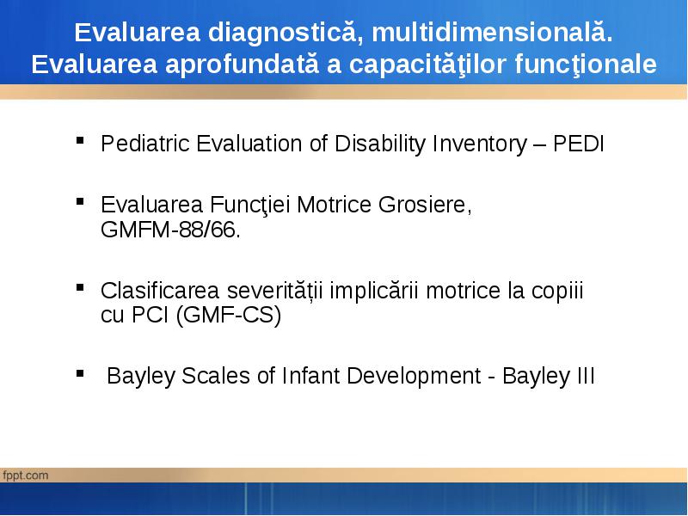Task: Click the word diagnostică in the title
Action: [286, 34]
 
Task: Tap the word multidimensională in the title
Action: [492, 33]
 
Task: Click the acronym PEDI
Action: [578, 144]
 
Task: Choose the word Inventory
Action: [480, 144]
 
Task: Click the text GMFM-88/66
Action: [170, 229]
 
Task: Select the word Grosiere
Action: [425, 205]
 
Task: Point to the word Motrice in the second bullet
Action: [334, 205]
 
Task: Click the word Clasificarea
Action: [160, 291]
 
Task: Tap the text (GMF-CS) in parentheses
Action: [228, 315]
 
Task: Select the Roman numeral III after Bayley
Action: [584, 376]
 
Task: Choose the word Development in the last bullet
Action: [414, 377]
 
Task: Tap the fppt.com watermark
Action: [26, 476]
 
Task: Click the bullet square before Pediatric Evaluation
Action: [80, 140]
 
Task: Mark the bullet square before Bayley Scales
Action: [80, 374]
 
